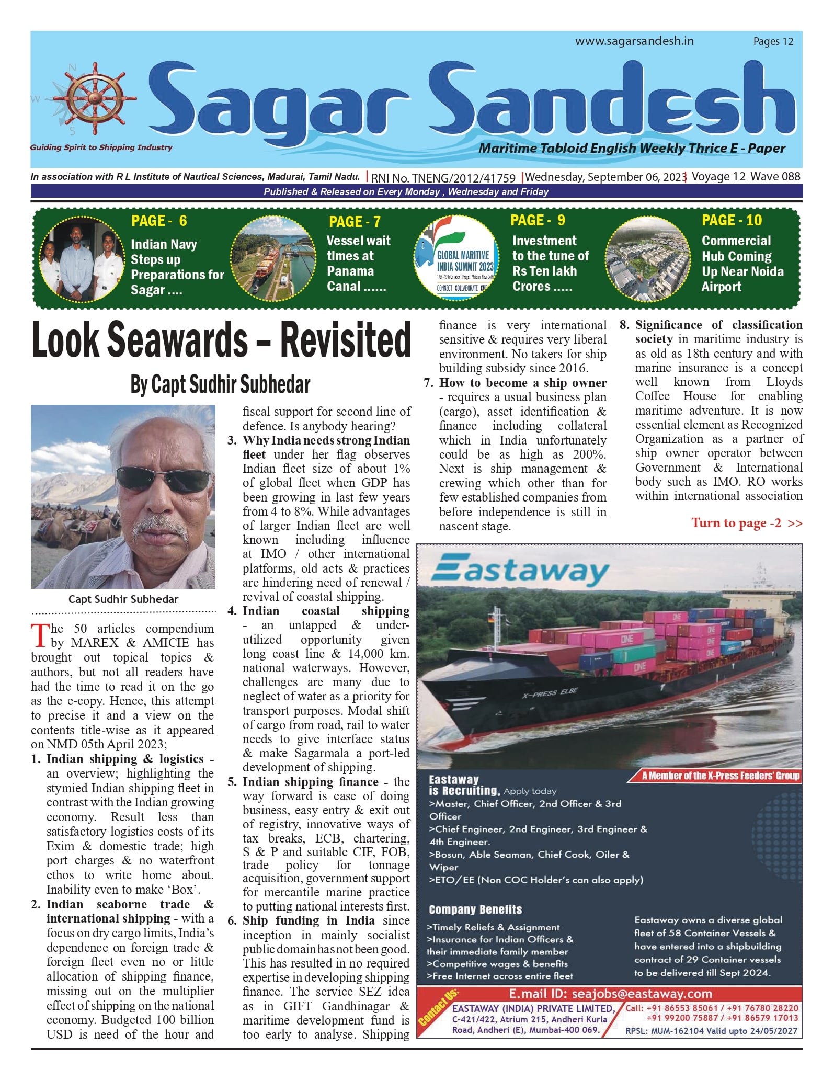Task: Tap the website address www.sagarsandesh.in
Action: [634, 41]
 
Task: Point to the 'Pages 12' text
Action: [773, 42]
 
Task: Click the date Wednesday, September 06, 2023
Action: [606, 177]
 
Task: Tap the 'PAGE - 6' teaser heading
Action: [159, 221]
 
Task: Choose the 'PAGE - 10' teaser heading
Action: [732, 220]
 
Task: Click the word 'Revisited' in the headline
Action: [346, 340]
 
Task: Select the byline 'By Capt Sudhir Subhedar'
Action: [220, 385]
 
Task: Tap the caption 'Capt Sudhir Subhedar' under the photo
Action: [123, 599]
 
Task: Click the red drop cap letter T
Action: [40, 635]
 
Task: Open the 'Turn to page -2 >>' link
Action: [746, 523]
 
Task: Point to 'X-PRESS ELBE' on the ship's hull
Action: [550, 693]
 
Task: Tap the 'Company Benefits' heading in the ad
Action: [475, 909]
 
